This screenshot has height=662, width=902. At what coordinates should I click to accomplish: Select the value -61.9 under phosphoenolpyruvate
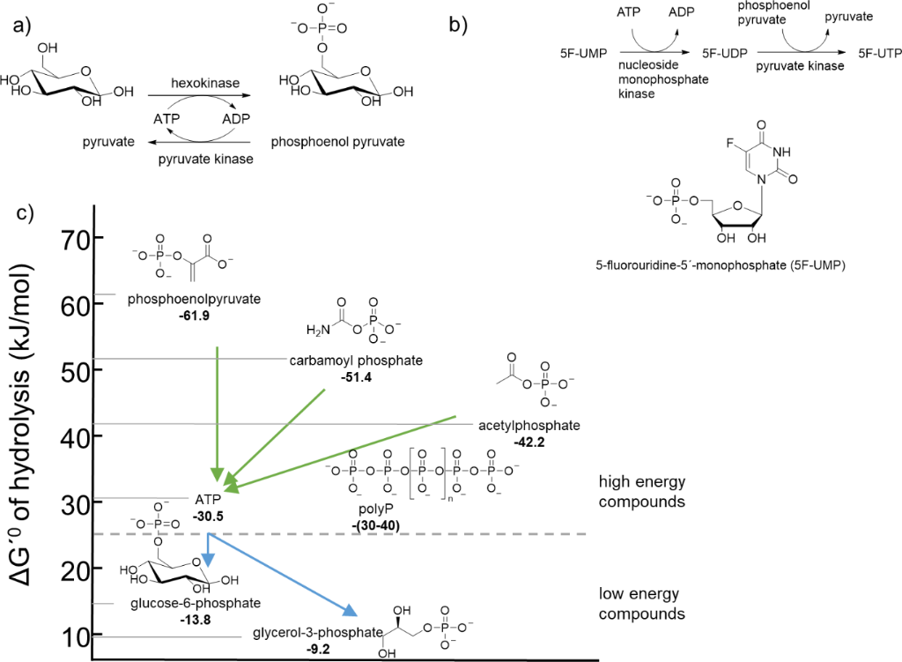193,315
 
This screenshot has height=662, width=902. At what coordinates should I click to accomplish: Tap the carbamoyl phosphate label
356,361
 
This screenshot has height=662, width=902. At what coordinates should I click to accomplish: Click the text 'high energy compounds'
641,492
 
